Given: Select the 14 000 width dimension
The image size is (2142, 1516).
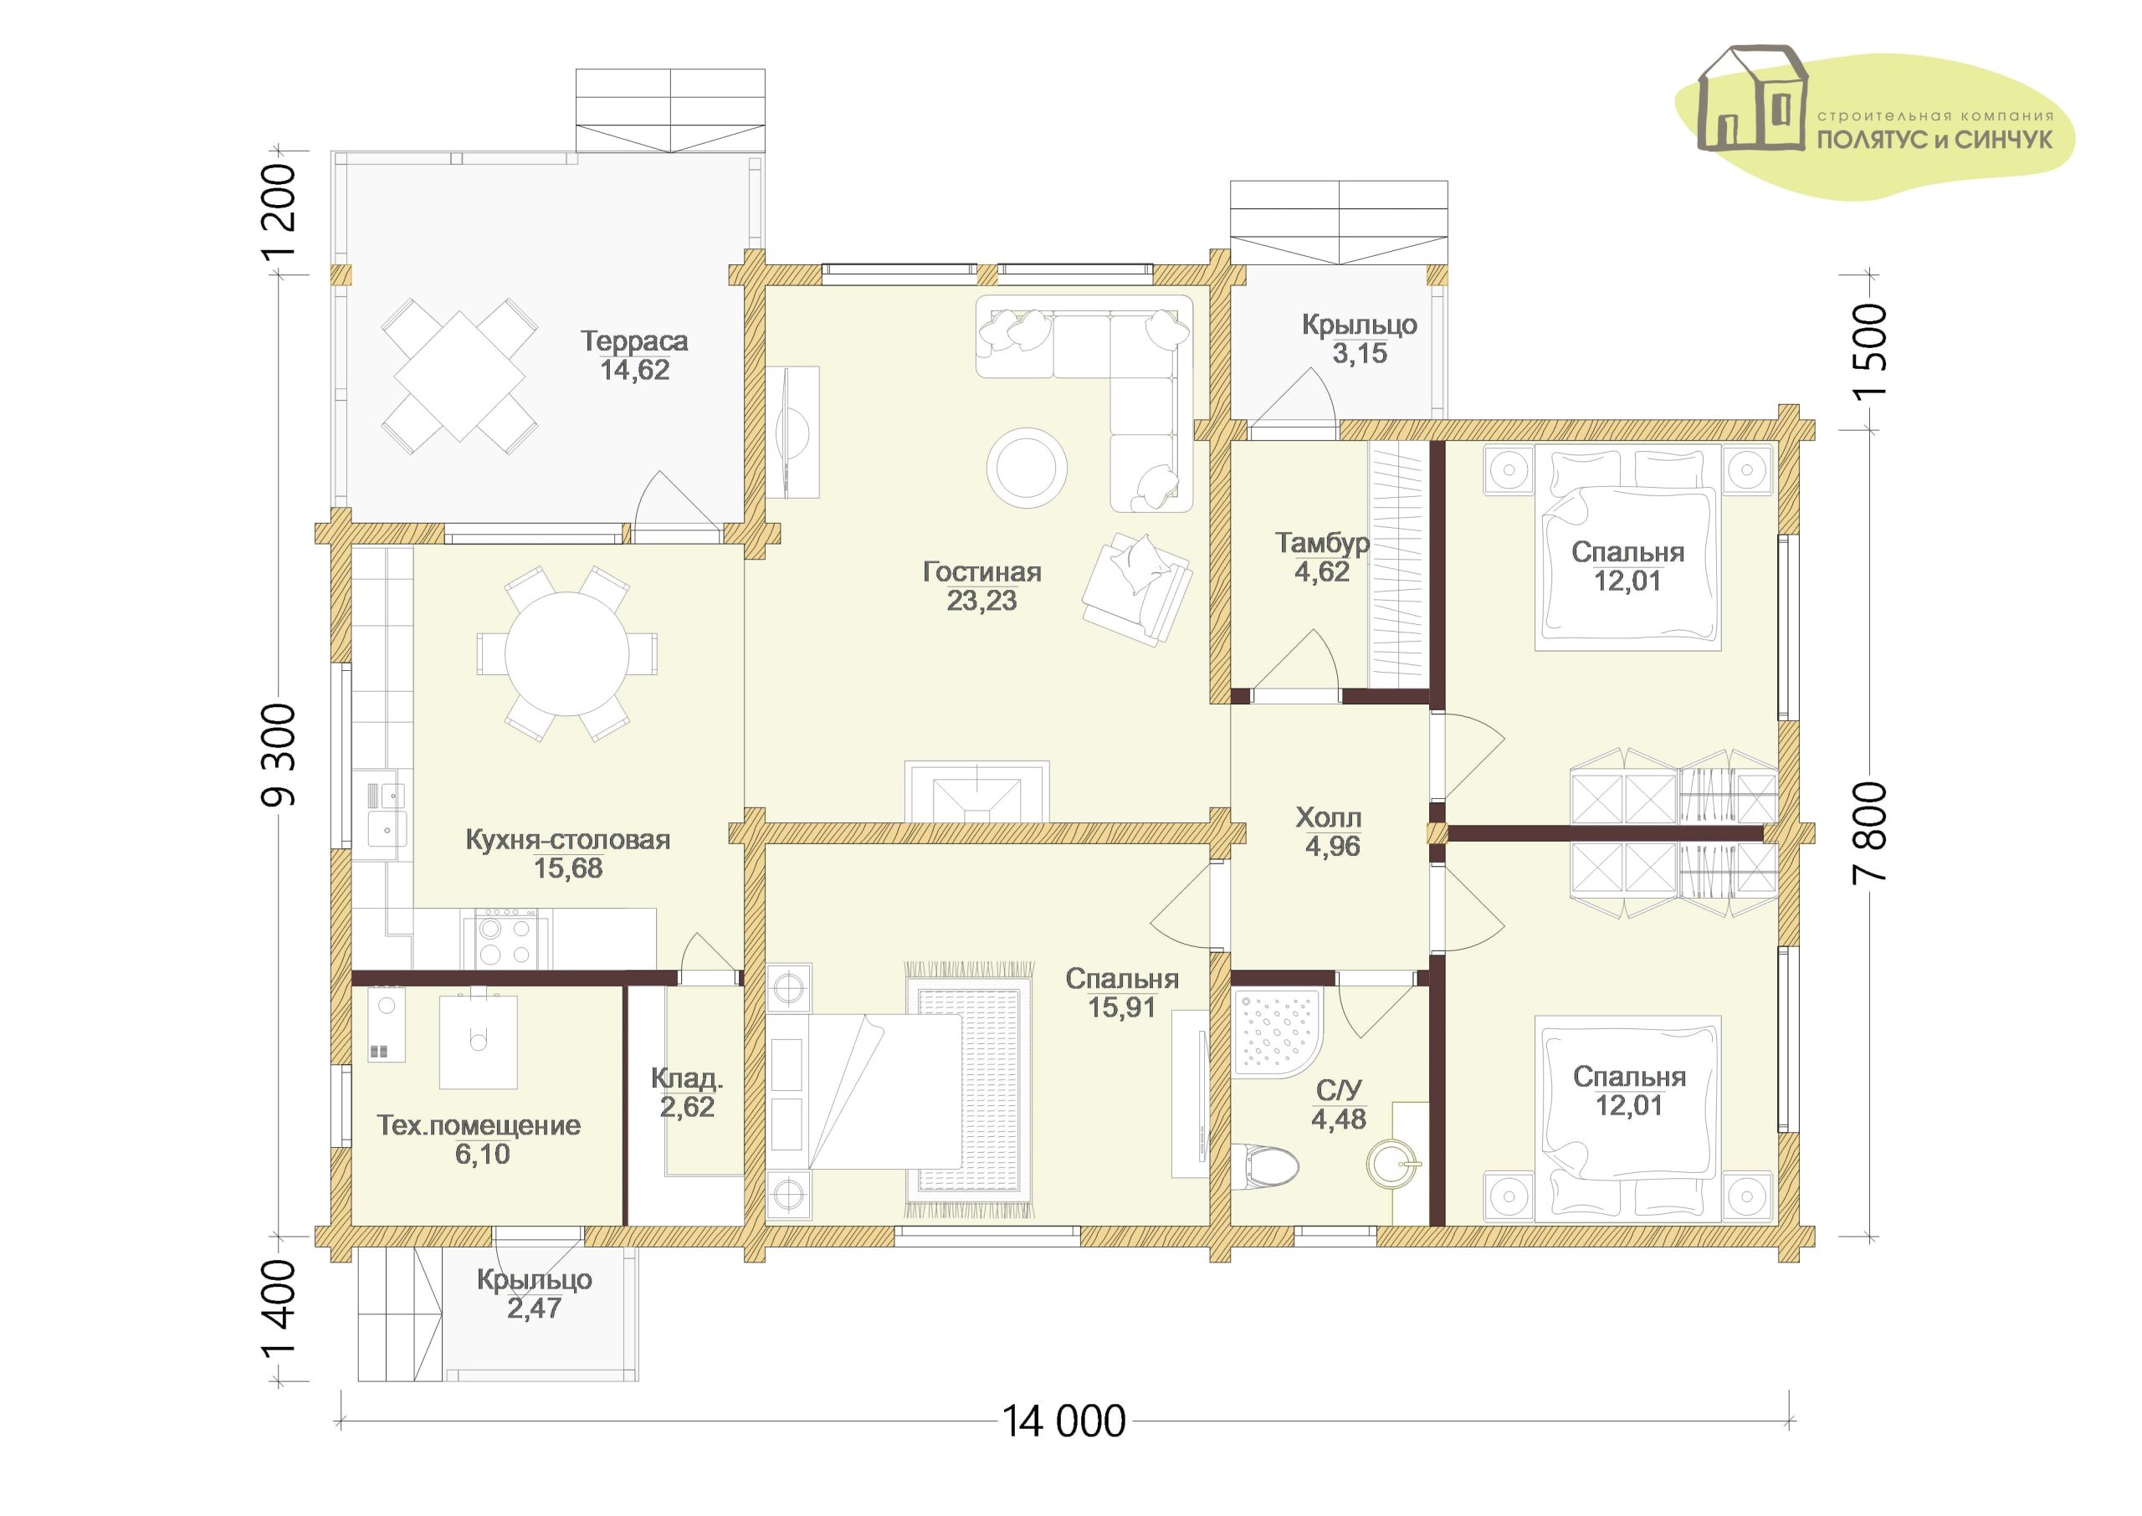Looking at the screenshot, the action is click(1064, 1421).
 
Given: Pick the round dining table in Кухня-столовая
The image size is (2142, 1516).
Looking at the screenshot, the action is click(566, 653).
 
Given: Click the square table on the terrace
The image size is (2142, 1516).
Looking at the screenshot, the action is click(459, 376).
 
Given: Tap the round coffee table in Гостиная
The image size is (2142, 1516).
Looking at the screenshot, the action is click(1027, 468).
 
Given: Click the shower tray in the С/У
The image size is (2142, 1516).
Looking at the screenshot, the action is click(1276, 1035).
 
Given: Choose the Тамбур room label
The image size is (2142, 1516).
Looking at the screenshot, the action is click(1323, 543).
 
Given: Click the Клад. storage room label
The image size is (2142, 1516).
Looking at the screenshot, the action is click(687, 1080).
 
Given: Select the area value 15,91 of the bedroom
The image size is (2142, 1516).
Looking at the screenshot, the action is click(1122, 1007).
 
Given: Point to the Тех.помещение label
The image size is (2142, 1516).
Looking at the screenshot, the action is click(479, 1126).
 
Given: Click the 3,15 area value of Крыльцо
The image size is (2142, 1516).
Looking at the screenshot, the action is click(1359, 354).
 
